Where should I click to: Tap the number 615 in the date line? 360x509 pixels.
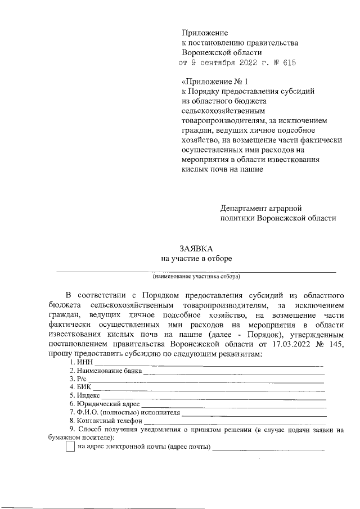coord(287,63)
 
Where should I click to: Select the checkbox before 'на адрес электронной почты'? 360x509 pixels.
coord(70,447)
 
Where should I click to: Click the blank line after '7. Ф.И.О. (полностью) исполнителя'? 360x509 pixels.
coord(254,413)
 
